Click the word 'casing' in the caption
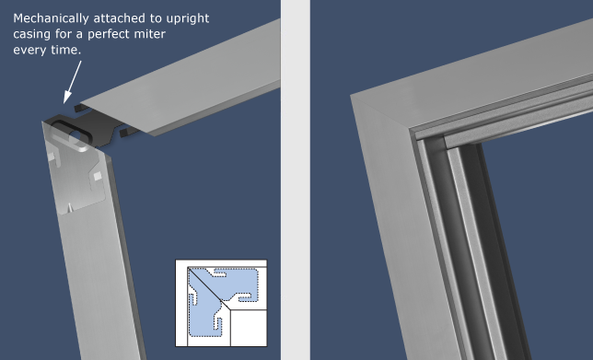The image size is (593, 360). [x=34, y=34]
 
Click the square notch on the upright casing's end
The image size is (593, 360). [x=96, y=173]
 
